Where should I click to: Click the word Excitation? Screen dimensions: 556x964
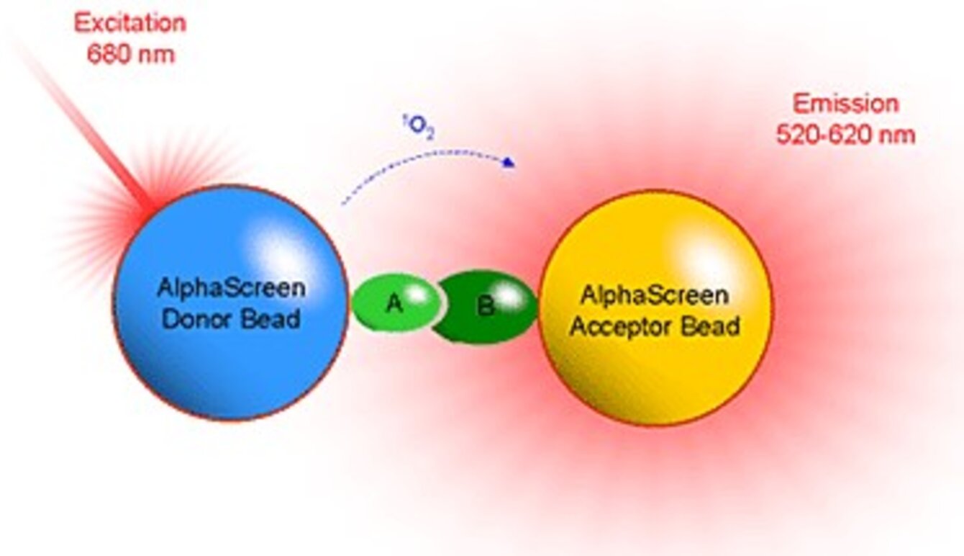[x=130, y=24]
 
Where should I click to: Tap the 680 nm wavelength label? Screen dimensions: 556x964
[x=130, y=55]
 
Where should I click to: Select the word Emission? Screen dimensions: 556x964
[x=845, y=104]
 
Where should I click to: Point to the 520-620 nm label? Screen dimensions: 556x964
[x=845, y=135]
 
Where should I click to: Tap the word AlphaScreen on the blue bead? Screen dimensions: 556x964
[x=231, y=289]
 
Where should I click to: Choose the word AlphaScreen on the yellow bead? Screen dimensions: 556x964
[x=654, y=295]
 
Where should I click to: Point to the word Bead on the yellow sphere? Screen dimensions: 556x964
[x=711, y=326]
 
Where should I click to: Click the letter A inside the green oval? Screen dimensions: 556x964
[x=393, y=304]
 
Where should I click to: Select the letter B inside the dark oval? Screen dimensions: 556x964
[x=486, y=308]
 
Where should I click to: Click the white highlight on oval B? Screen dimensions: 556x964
[x=509, y=294]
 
